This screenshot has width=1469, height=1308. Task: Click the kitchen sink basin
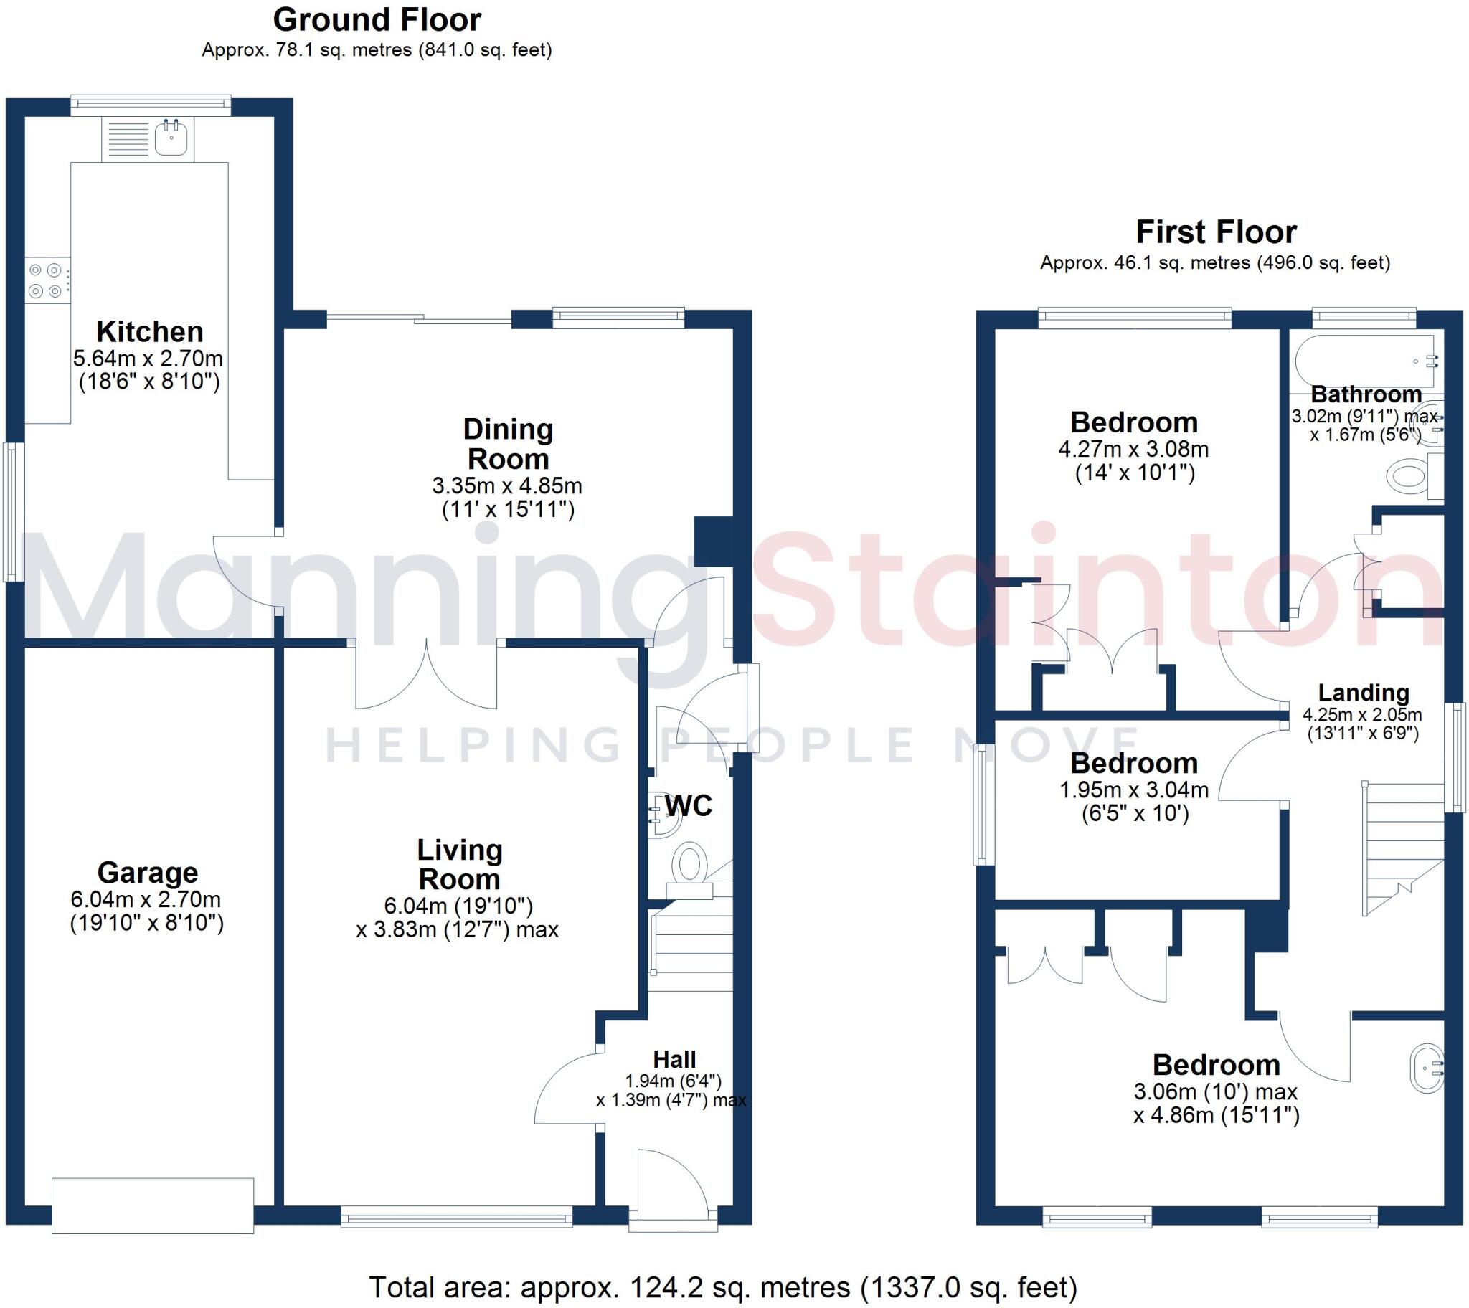click(x=171, y=138)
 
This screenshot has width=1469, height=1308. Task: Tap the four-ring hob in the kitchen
click(x=46, y=280)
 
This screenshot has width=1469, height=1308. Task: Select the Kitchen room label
click(x=149, y=332)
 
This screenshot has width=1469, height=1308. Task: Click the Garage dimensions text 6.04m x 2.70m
click(x=146, y=899)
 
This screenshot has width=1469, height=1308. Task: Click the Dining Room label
click(x=508, y=443)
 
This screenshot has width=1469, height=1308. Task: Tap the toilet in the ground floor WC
click(x=689, y=865)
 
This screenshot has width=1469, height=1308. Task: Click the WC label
click(x=689, y=805)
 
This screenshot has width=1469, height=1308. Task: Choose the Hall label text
click(x=674, y=1059)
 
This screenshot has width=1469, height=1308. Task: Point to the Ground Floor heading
click(x=377, y=20)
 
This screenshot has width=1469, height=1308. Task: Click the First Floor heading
click(x=1216, y=232)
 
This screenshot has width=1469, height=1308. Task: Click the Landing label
click(x=1364, y=693)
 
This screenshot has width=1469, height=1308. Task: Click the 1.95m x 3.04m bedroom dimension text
click(x=1134, y=790)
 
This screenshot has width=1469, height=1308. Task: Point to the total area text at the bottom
click(x=722, y=1286)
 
